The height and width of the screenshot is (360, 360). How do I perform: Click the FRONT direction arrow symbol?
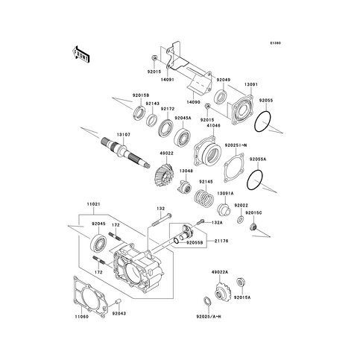tap(80, 55)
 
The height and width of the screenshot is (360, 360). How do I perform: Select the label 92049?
tap(224, 79)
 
